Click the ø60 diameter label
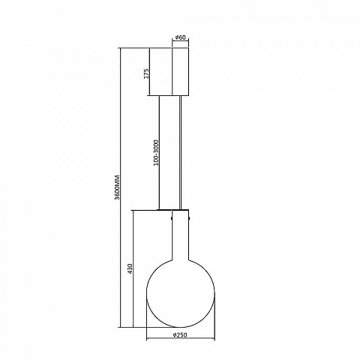181,37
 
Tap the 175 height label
146,73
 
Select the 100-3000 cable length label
156,153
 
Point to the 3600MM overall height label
117,187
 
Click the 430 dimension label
130,268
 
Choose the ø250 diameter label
180,335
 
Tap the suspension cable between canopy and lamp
181,152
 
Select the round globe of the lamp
181,293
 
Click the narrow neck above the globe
181,235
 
